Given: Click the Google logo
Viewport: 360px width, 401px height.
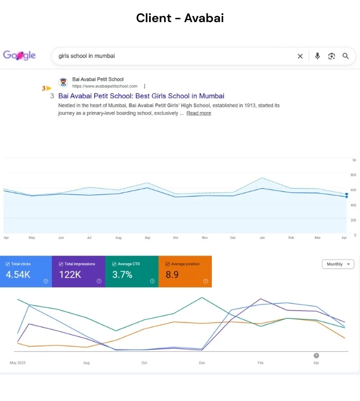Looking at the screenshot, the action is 20,55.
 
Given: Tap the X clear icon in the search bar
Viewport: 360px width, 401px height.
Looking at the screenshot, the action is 300,56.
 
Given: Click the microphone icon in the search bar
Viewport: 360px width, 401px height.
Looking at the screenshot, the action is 317,56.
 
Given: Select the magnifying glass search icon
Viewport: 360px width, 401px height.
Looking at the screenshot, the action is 346,56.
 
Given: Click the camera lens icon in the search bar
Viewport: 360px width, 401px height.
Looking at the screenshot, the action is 331,56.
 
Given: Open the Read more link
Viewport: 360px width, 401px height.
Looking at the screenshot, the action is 199,113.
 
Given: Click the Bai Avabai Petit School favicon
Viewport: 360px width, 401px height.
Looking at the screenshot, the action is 63,82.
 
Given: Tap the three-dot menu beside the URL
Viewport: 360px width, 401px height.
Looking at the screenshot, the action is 145,86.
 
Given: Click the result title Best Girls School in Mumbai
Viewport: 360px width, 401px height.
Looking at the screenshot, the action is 141,96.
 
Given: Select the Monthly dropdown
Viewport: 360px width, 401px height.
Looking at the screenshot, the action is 338,264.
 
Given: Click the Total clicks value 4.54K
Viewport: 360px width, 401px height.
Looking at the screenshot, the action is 18,275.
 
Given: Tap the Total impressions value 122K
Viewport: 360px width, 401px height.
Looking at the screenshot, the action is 70,275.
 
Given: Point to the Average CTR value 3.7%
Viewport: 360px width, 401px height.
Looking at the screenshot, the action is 122,275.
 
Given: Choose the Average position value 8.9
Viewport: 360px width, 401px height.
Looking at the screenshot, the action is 172,275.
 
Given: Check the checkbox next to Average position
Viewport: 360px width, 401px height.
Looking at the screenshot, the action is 168,264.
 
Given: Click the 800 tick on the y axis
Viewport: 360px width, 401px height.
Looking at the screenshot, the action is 353,175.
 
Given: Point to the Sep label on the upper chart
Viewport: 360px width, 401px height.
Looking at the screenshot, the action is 148,238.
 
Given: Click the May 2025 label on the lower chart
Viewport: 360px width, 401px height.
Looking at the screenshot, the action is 17,362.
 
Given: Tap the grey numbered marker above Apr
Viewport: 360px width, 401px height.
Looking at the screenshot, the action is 316,355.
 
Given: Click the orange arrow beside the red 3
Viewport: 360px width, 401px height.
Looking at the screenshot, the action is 49,88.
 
